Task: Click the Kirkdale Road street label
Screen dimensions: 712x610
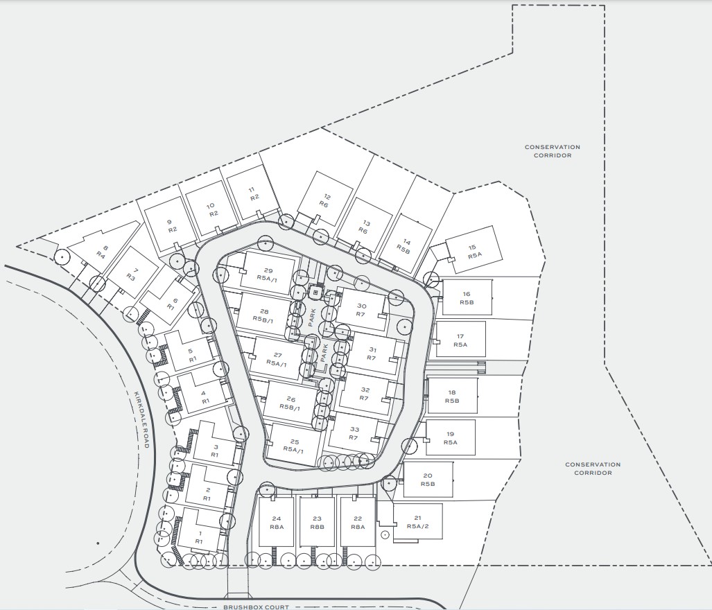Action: click(140, 419)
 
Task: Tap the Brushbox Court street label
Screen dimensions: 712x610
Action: click(256, 607)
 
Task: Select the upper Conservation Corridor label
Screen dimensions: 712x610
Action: click(552, 151)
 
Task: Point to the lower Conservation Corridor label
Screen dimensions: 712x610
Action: click(593, 469)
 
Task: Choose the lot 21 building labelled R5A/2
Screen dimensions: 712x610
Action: click(418, 521)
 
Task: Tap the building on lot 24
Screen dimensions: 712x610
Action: click(277, 522)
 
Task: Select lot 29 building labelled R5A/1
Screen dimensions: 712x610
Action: click(267, 270)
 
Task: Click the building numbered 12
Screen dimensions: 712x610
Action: click(325, 199)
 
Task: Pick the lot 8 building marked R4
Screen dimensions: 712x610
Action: click(103, 251)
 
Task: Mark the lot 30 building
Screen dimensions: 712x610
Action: click(361, 310)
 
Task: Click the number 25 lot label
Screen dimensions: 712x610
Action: click(294, 442)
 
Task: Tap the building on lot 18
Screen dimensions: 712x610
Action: click(453, 396)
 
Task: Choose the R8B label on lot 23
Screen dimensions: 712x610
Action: click(317, 527)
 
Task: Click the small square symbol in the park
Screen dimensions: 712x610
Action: click(316, 292)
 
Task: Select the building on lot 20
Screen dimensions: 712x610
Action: click(428, 479)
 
